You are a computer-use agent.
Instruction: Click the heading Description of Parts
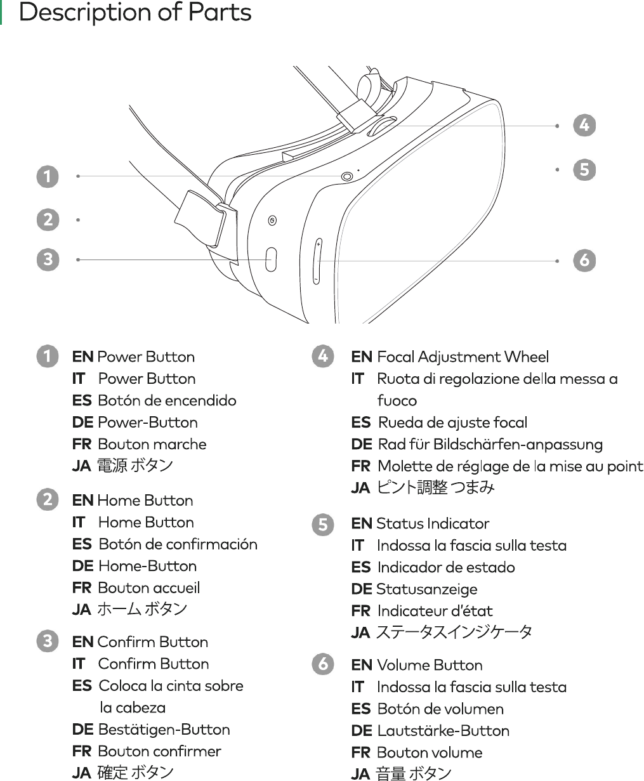(x=135, y=13)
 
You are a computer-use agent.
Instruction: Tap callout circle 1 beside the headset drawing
(x=48, y=176)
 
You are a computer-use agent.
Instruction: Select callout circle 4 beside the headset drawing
(x=584, y=125)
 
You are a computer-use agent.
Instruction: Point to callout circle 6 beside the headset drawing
(x=584, y=260)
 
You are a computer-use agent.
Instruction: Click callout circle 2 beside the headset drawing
(x=48, y=220)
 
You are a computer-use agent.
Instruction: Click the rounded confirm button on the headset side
(x=271, y=259)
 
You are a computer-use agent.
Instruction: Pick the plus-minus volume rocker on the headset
(x=317, y=261)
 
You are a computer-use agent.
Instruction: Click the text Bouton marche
(x=152, y=443)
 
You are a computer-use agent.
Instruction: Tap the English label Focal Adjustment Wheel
(x=463, y=357)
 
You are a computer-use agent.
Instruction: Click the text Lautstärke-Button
(x=443, y=730)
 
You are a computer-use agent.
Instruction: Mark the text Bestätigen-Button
(x=164, y=729)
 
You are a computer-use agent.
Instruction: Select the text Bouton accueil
(x=148, y=587)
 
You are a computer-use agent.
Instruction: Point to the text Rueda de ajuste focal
(x=452, y=422)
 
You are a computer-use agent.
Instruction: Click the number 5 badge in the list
(x=323, y=525)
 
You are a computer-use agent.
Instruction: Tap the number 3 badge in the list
(x=48, y=641)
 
